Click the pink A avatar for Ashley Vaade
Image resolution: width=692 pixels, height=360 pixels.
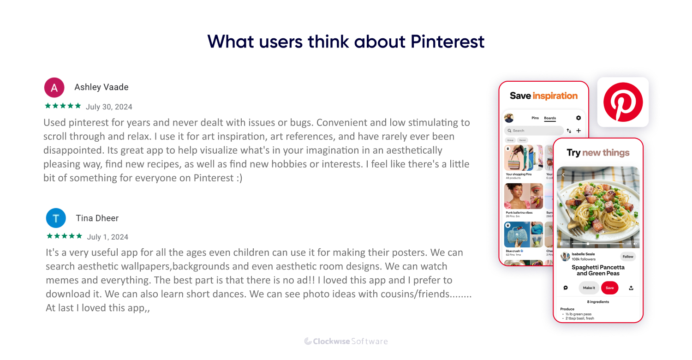(54, 87)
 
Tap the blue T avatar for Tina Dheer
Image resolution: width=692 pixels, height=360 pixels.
(56, 218)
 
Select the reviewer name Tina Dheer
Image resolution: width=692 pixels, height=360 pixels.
(97, 218)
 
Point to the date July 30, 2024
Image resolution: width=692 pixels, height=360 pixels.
(109, 107)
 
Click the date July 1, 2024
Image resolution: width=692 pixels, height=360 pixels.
(107, 237)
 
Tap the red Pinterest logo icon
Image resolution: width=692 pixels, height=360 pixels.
(623, 102)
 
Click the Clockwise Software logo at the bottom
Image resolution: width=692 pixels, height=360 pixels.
(346, 342)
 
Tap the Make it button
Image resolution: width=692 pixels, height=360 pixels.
(589, 288)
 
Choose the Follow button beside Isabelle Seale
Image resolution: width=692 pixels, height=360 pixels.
(628, 257)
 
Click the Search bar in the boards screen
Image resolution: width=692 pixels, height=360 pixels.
(533, 131)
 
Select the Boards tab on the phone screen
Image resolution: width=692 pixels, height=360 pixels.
(550, 118)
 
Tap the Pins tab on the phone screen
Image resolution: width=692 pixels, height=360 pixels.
(535, 118)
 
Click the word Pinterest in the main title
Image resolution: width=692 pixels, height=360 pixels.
(447, 42)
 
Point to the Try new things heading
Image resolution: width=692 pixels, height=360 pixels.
(598, 153)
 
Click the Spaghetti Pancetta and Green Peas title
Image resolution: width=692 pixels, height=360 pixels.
(598, 270)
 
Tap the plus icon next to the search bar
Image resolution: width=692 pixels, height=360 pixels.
(579, 131)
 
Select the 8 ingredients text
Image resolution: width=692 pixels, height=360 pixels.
(598, 302)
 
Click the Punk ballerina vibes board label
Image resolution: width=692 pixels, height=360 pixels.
(519, 213)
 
